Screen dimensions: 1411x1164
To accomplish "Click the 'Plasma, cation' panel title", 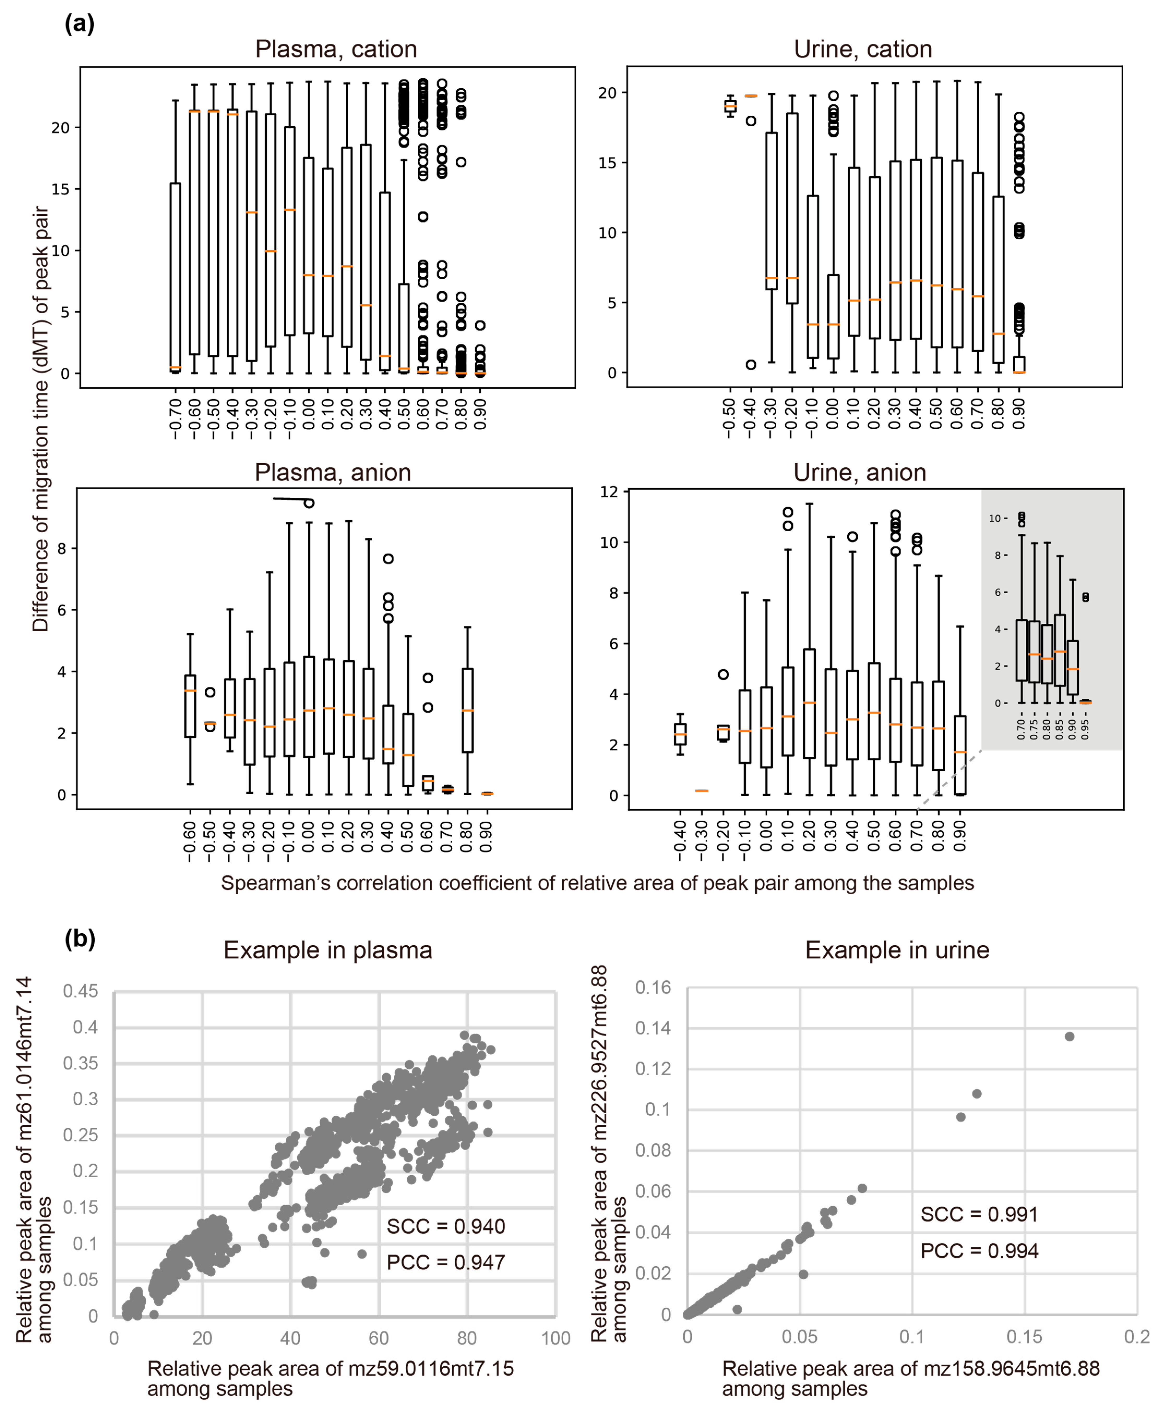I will [x=336, y=49].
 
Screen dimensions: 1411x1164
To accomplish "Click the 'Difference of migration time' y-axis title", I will [x=40, y=419].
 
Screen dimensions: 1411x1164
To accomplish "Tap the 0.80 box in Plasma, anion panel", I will [x=467, y=710].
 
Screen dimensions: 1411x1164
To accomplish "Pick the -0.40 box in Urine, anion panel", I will [x=680, y=734].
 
